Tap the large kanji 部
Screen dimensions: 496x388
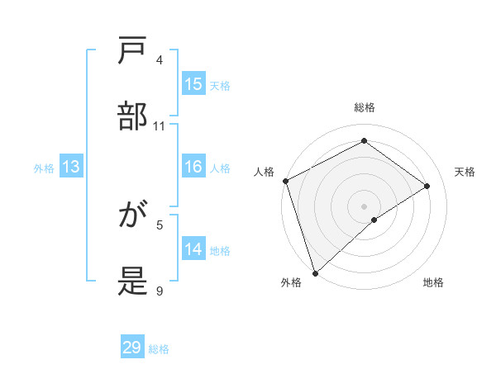pos(133,118)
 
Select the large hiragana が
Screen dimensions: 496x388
pos(133,216)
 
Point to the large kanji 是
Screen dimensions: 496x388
pos(133,282)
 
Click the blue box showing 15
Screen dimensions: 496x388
pos(193,84)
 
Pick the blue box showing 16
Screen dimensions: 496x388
pos(193,167)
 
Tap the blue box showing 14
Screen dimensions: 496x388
pos(193,249)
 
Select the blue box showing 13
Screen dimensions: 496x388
pos(71,167)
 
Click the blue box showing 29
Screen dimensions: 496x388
pos(132,348)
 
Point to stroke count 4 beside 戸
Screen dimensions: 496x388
pos(160,60)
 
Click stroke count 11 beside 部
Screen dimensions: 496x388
pos(160,126)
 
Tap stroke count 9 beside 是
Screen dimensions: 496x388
pos(160,291)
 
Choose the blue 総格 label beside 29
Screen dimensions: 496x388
pos(159,349)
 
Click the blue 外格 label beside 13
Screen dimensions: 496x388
pos(44,168)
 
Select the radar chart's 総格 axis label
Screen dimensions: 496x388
pos(364,107)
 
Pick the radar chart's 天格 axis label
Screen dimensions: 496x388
pos(465,172)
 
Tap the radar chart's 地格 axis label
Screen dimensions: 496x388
pos(433,282)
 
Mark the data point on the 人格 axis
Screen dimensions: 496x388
pos(285,181)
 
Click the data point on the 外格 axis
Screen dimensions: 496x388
pos(314,272)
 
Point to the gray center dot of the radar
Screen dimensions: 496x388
pos(364,206)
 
